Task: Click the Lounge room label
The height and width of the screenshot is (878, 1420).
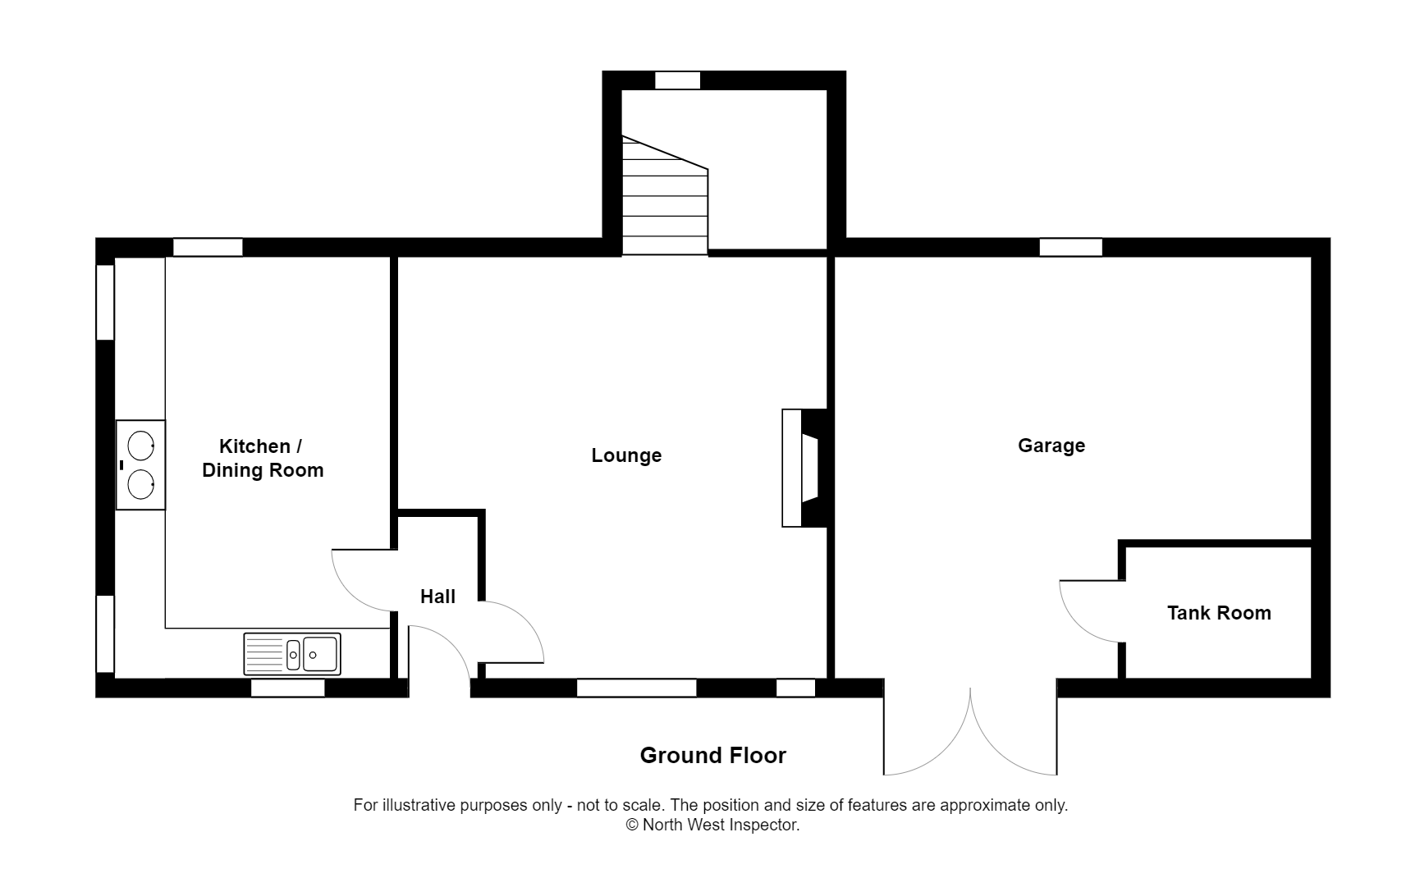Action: pyautogui.click(x=626, y=455)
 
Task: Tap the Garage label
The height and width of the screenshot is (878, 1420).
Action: pyautogui.click(x=1051, y=446)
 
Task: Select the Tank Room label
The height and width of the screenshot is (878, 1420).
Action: pyautogui.click(x=1218, y=613)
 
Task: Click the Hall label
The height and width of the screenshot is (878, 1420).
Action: pyautogui.click(x=437, y=597)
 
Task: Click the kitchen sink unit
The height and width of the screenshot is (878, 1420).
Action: pyautogui.click(x=292, y=654)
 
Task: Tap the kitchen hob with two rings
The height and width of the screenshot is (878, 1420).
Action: pyautogui.click(x=140, y=465)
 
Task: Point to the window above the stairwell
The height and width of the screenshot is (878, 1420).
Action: pyautogui.click(x=677, y=80)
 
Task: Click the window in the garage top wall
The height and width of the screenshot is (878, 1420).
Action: pyautogui.click(x=1070, y=247)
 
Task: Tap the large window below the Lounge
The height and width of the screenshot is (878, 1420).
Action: pyautogui.click(x=636, y=688)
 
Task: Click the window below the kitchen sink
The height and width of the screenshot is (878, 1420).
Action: pyautogui.click(x=287, y=688)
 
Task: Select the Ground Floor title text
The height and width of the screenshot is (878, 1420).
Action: pyautogui.click(x=712, y=756)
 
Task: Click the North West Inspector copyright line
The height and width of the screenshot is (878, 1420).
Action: pyautogui.click(x=712, y=825)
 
